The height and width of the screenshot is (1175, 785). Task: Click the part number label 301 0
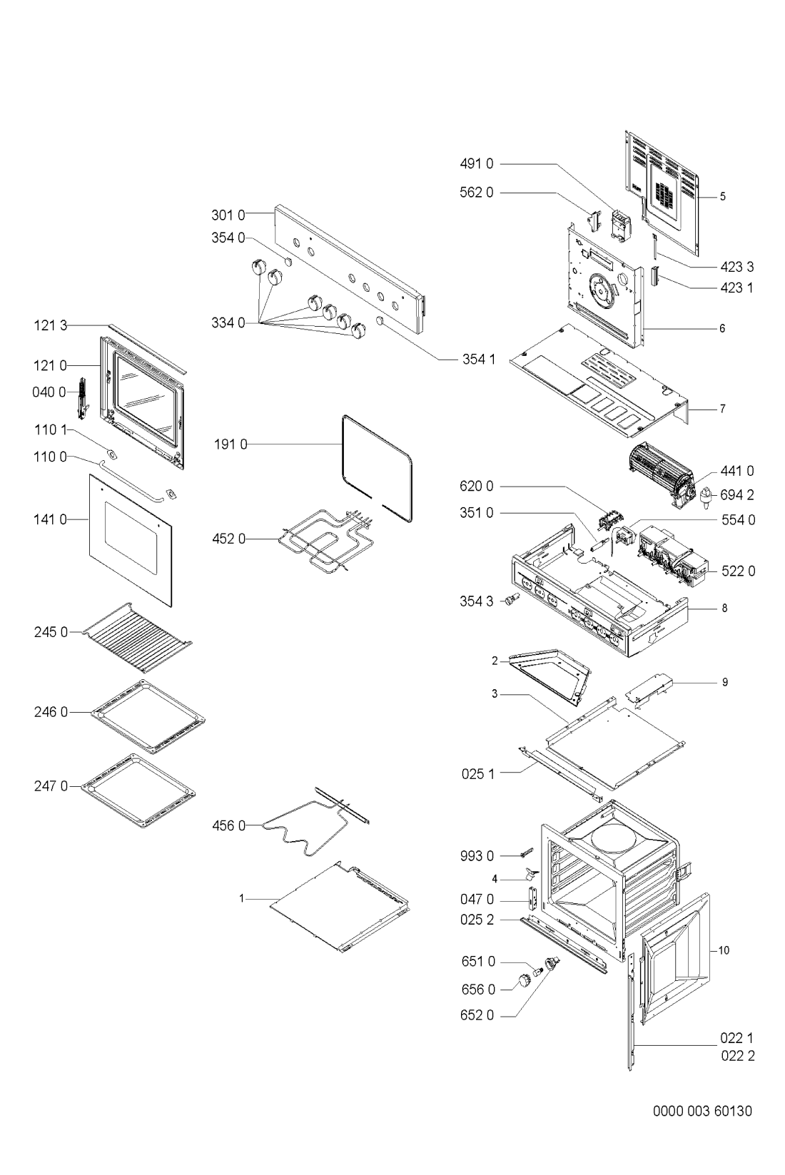click(228, 213)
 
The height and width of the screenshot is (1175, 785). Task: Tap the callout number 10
click(724, 951)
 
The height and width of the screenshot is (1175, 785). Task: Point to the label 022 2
click(736, 1057)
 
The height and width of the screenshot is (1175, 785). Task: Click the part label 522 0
click(737, 571)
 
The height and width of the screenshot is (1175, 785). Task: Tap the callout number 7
click(722, 410)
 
